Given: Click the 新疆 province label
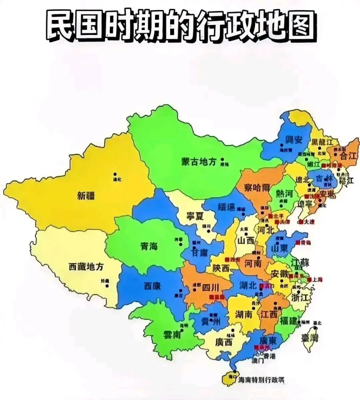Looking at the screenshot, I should pyautogui.click(x=86, y=196).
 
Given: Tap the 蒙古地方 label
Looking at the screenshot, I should pyautogui.click(x=199, y=162).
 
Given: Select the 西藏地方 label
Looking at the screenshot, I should pyautogui.click(x=86, y=267).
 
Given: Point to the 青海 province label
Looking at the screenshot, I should pyautogui.click(x=149, y=247).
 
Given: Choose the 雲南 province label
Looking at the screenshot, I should pyautogui.click(x=172, y=334).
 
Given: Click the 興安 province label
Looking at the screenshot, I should pyautogui.click(x=294, y=139).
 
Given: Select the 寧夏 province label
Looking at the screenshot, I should pyautogui.click(x=195, y=216).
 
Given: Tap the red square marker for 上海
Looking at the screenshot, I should pyautogui.click(x=310, y=279).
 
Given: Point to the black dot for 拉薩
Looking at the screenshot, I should pyautogui.click(x=107, y=285).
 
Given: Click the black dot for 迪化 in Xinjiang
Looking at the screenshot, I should pyautogui.click(x=115, y=174).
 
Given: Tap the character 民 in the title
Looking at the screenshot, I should pyautogui.click(x=60, y=26).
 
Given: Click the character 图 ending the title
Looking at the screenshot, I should pyautogui.click(x=300, y=26).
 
